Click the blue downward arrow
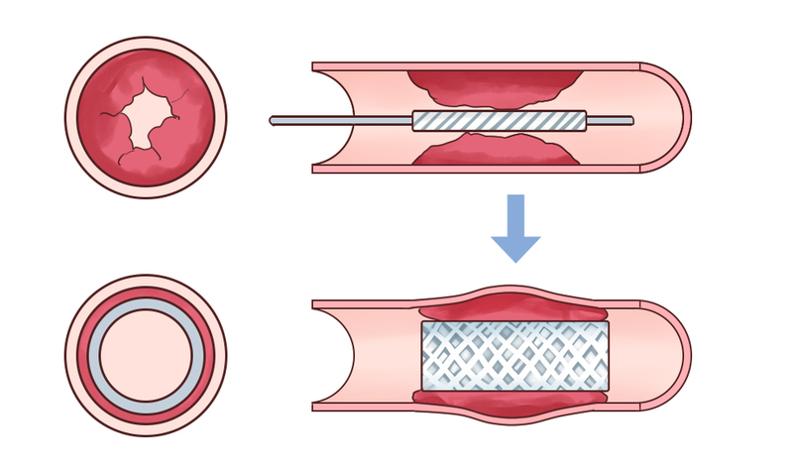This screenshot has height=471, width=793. (515, 230)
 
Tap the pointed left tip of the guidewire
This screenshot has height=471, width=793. (272, 121)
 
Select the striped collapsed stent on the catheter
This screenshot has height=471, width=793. (500, 120)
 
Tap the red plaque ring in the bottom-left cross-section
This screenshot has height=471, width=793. (146, 297)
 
